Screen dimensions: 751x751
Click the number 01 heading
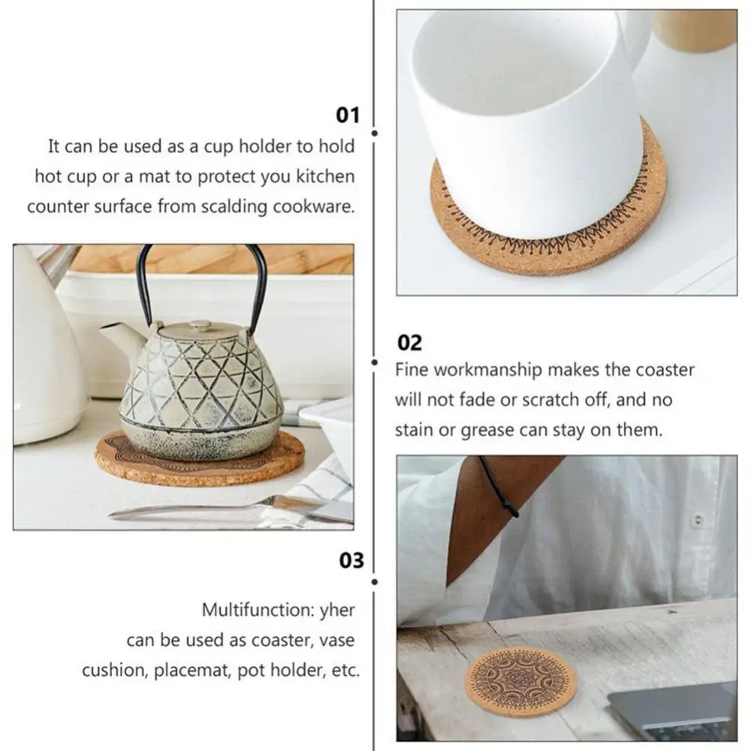pyautogui.click(x=348, y=115)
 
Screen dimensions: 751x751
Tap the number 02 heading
pyautogui.click(x=409, y=342)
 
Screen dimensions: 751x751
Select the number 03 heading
pyautogui.click(x=351, y=560)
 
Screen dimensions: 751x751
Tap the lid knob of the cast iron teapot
pyautogui.click(x=200, y=324)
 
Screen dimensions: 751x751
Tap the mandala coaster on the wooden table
pyautogui.click(x=520, y=680)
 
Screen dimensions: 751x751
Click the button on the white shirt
pyautogui.click(x=698, y=519)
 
